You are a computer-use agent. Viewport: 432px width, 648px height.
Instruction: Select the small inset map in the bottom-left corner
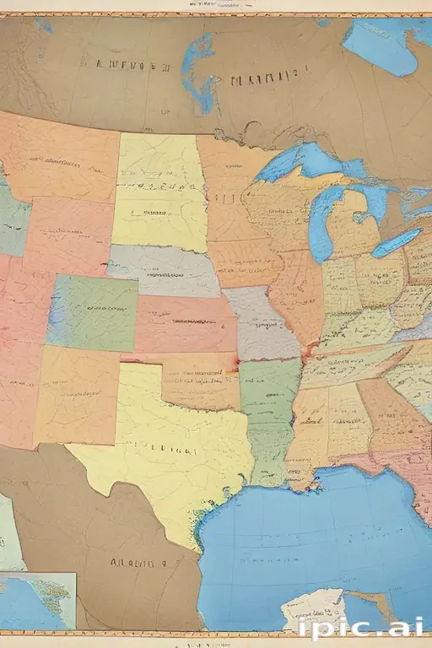click(x=38, y=600)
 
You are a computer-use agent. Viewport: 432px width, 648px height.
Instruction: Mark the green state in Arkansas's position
click(x=268, y=388)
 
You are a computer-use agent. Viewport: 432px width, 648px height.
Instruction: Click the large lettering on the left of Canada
click(x=122, y=64)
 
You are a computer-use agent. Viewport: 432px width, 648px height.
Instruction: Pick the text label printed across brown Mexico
click(x=135, y=561)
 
